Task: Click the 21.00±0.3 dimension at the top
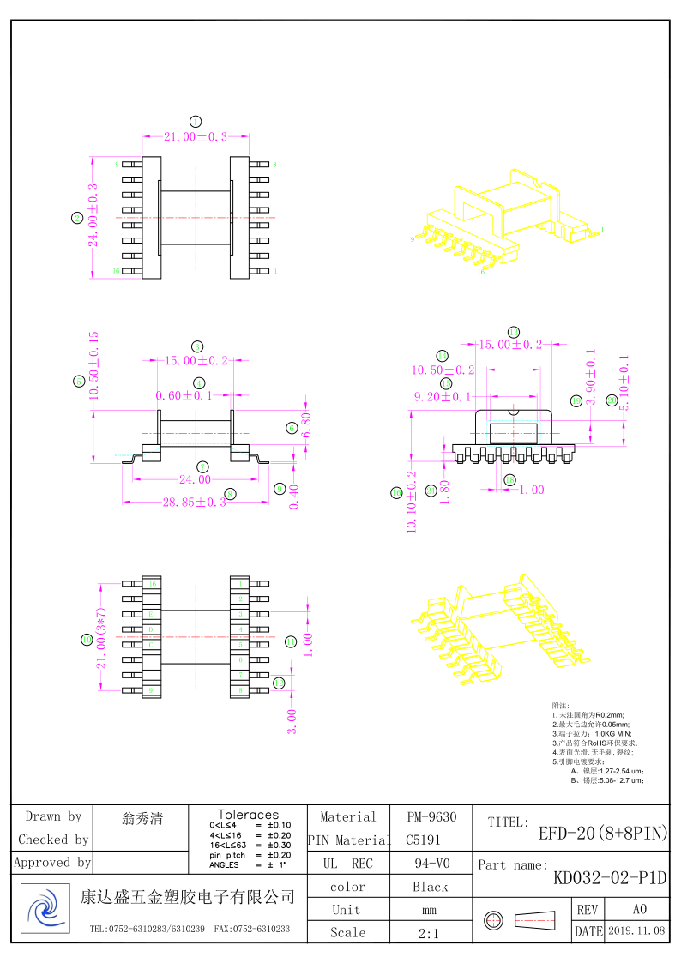coord(196,136)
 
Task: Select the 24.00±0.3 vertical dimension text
coord(93,215)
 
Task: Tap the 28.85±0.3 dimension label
coord(194,502)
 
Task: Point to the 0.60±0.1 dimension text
coord(184,395)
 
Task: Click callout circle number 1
coord(196,121)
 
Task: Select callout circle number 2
coord(77,218)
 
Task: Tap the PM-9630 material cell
coord(431,817)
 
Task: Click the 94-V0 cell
coord(431,864)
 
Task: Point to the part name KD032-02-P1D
coord(610,878)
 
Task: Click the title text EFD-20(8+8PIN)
coord(603,833)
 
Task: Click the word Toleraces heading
coord(248,814)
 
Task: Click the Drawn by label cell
coord(53,816)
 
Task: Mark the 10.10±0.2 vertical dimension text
coord(411,502)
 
